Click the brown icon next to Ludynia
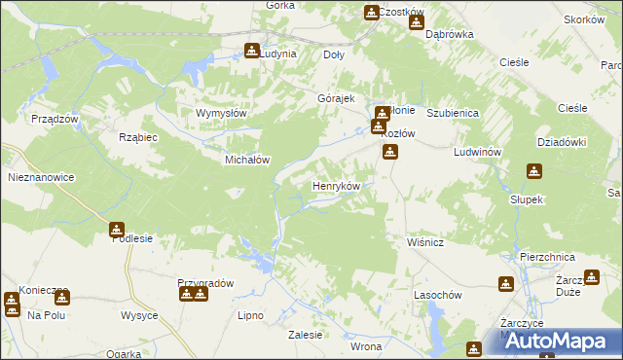252,51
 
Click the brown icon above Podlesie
117,231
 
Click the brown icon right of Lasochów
506,284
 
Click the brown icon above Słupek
533,172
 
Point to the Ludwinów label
477,154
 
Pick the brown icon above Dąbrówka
417,20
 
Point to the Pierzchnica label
547,257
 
